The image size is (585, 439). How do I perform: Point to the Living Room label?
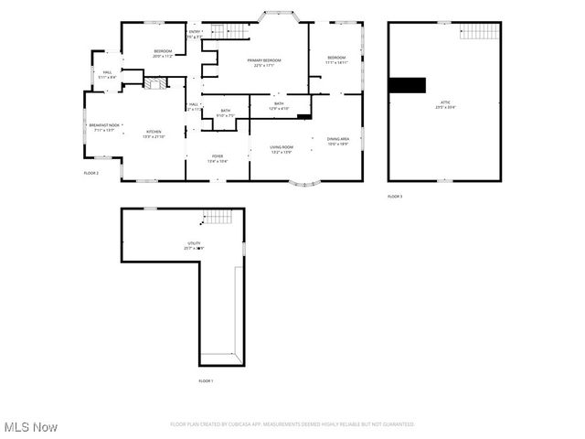click(x=281, y=149)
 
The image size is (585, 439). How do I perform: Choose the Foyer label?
click(x=218, y=158)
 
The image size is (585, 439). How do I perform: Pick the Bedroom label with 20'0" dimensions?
click(x=163, y=53)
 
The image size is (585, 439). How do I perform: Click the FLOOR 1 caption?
click(x=206, y=380)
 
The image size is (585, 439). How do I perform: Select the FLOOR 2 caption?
click(x=90, y=173)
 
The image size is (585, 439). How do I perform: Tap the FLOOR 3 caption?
click(x=394, y=196)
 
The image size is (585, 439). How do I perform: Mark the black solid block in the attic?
click(x=407, y=85)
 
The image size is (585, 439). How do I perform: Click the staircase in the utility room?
click(x=217, y=218)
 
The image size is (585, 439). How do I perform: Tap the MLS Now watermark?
click(x=30, y=427)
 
